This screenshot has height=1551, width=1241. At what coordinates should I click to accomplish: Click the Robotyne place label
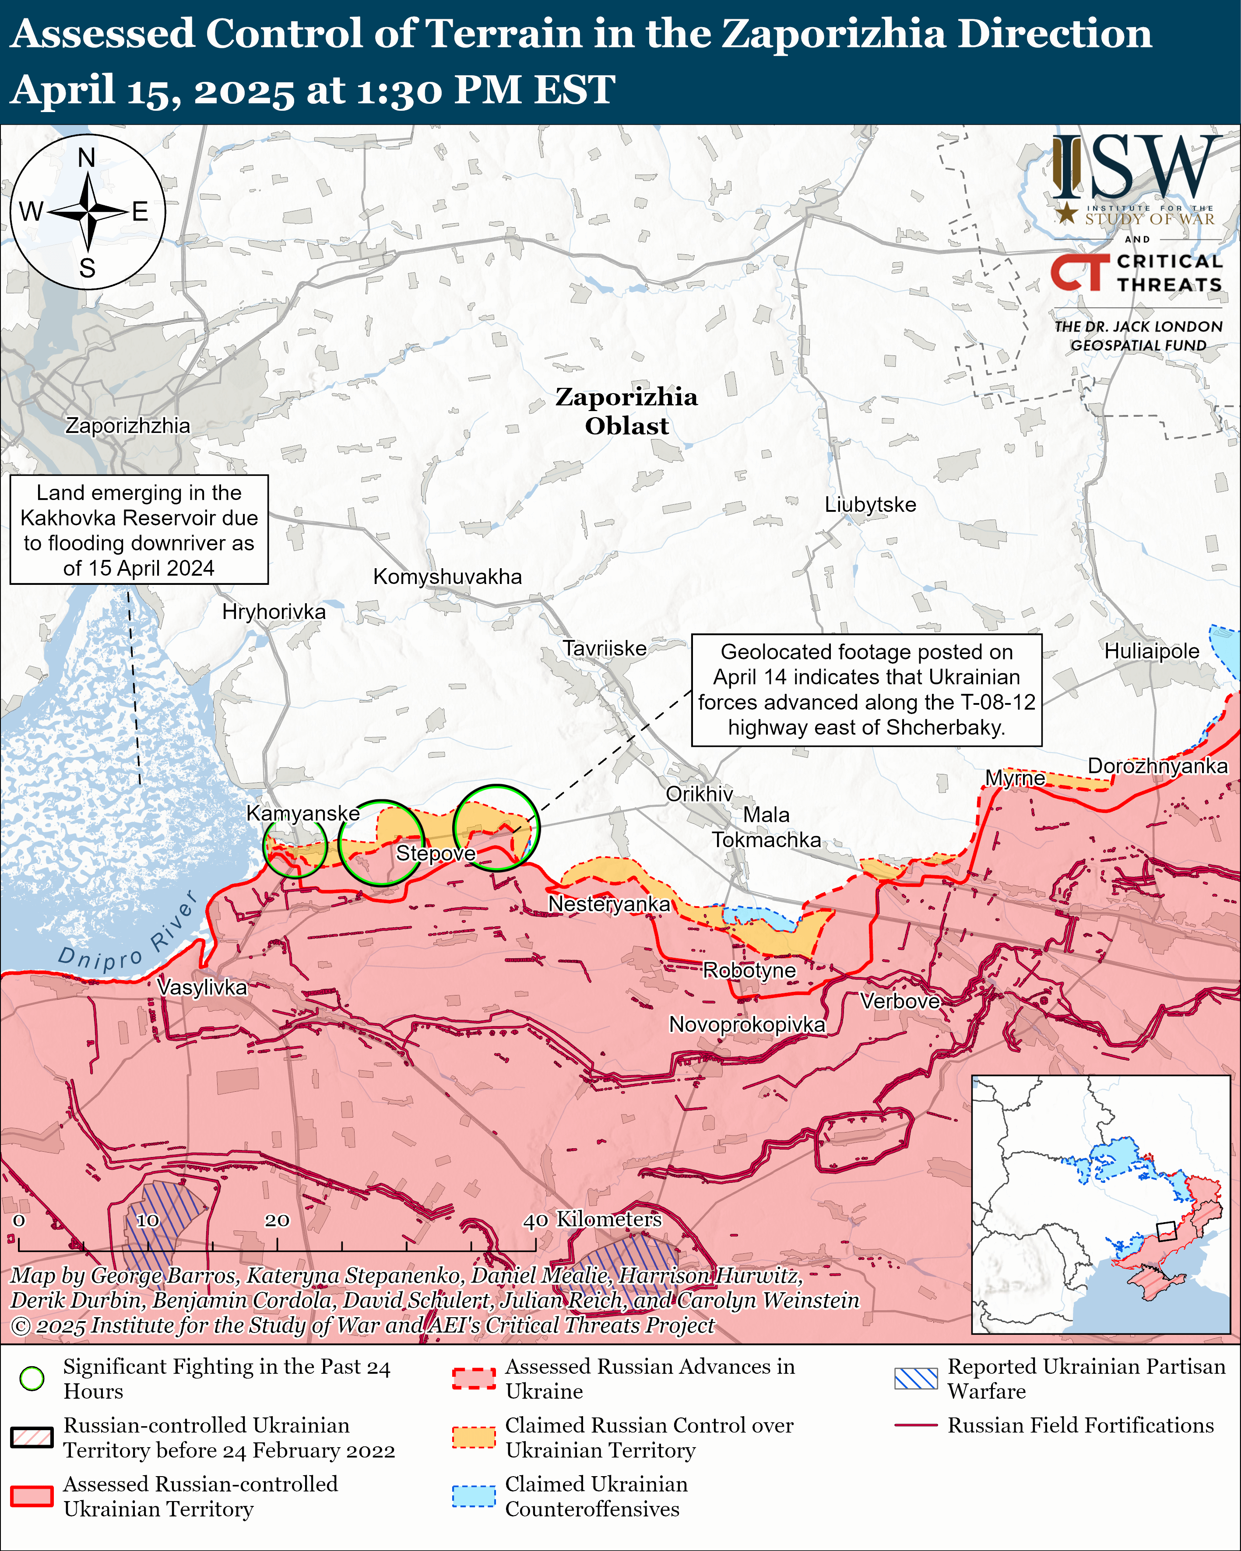pos(749,971)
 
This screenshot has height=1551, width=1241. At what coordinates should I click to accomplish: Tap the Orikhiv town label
pos(699,794)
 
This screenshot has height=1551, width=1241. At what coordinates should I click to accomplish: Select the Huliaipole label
pos(1151,651)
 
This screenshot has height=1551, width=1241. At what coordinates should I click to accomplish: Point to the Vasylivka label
pos(201,987)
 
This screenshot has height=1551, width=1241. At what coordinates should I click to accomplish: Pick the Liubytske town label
pos(870,504)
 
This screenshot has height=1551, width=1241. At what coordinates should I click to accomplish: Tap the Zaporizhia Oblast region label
pos(626,411)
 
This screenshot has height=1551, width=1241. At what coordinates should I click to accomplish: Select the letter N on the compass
pos(86,158)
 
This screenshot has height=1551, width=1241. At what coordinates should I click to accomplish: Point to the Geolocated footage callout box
pos(866,690)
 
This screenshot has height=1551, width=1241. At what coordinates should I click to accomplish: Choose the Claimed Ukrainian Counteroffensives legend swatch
pos(473,1495)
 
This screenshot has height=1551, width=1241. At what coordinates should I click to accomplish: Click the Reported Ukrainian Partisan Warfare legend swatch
pos(915,1379)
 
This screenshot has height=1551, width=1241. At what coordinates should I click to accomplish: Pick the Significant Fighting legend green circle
pos(32,1379)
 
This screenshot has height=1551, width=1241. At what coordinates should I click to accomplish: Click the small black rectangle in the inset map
pos(1165,1231)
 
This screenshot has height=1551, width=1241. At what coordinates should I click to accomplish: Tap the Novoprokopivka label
pos(747,1024)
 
